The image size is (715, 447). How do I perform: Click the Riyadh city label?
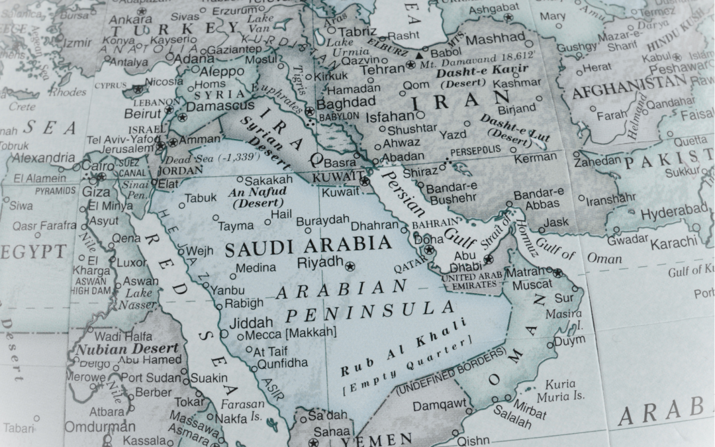click(321, 261)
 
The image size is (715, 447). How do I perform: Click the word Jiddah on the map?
click(250, 323)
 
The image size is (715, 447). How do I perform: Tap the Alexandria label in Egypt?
click(44, 158)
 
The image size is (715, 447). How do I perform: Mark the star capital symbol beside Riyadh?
click(350, 266)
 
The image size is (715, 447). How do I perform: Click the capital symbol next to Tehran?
click(410, 65)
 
